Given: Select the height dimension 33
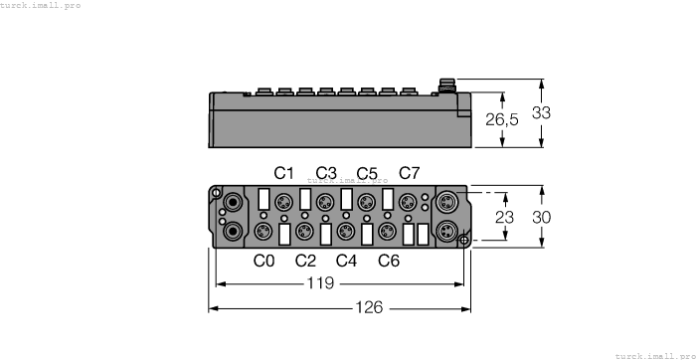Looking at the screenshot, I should click(x=541, y=113).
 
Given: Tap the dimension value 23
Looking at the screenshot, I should click(x=506, y=218).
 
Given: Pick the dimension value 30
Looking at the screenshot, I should click(x=541, y=218).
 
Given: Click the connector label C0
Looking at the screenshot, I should click(x=263, y=262).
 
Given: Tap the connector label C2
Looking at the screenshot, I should click(x=305, y=262).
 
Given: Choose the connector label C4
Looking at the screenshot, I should click(x=346, y=262).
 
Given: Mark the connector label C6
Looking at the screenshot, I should click(x=389, y=262).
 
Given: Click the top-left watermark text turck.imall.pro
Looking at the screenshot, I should click(x=41, y=5).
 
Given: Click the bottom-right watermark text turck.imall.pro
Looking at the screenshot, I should click(x=654, y=355).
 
